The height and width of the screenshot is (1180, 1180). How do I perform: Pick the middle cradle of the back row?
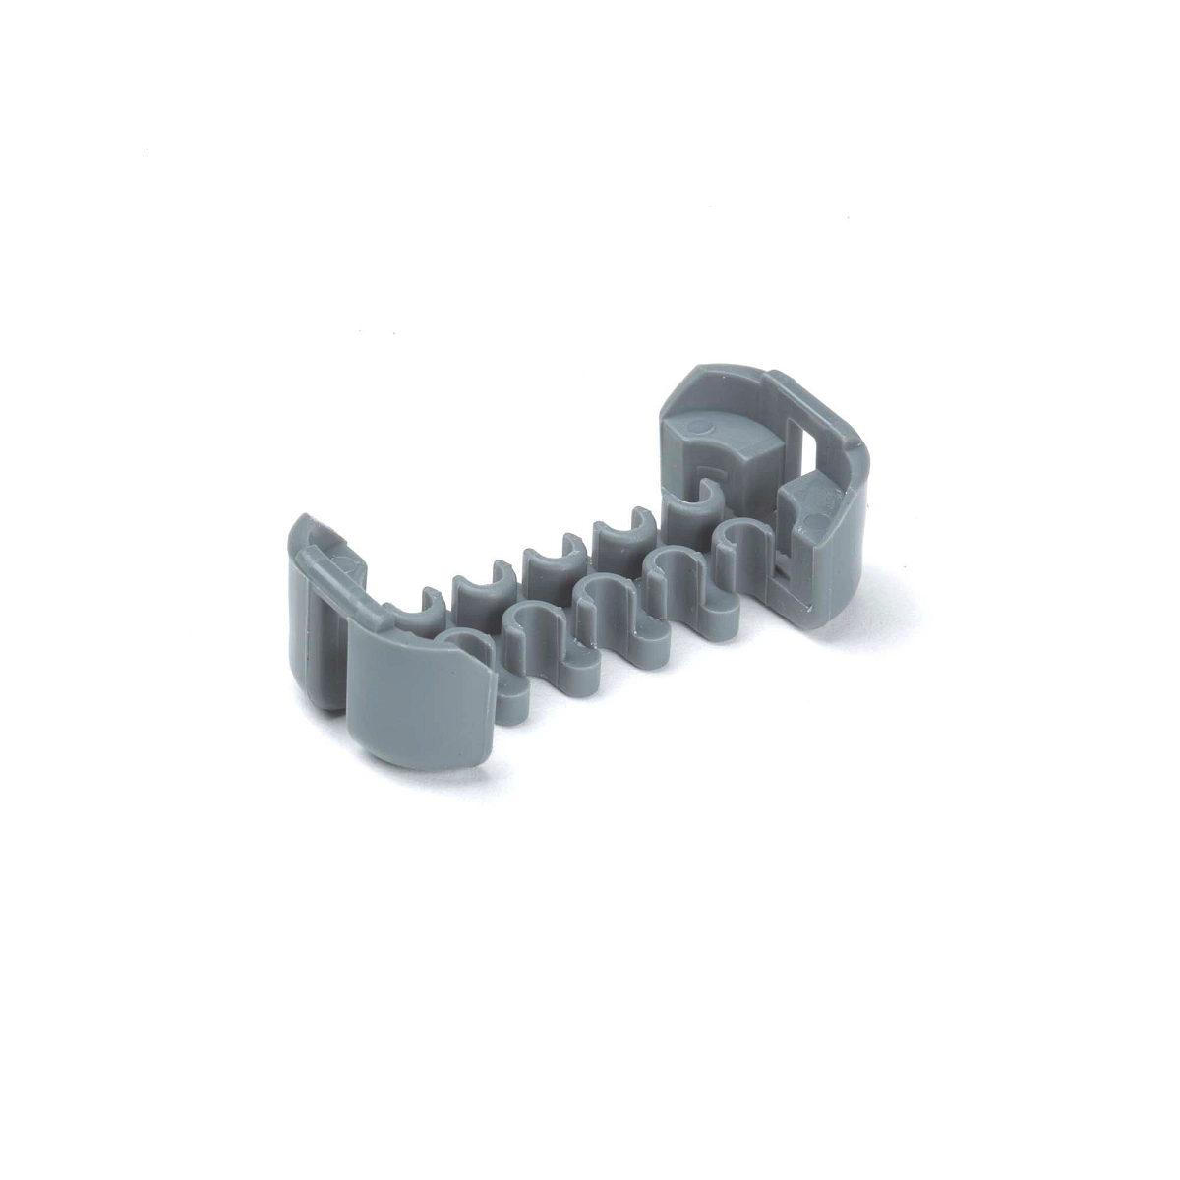click(x=547, y=564)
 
